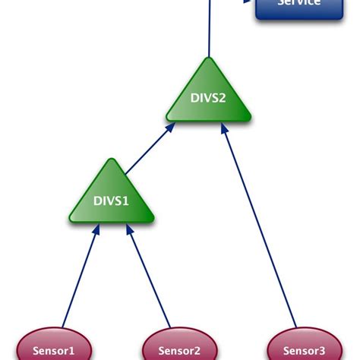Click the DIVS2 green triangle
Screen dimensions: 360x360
point(209,99)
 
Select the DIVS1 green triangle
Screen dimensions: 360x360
point(112,199)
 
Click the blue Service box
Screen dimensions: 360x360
point(298,7)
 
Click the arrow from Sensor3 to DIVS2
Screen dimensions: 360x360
point(258,228)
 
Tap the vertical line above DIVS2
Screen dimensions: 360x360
point(208,30)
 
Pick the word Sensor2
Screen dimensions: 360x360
point(179,352)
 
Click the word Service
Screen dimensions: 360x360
point(298,4)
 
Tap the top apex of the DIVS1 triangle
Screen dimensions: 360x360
point(112,160)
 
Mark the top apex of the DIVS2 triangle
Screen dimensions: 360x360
point(209,59)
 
